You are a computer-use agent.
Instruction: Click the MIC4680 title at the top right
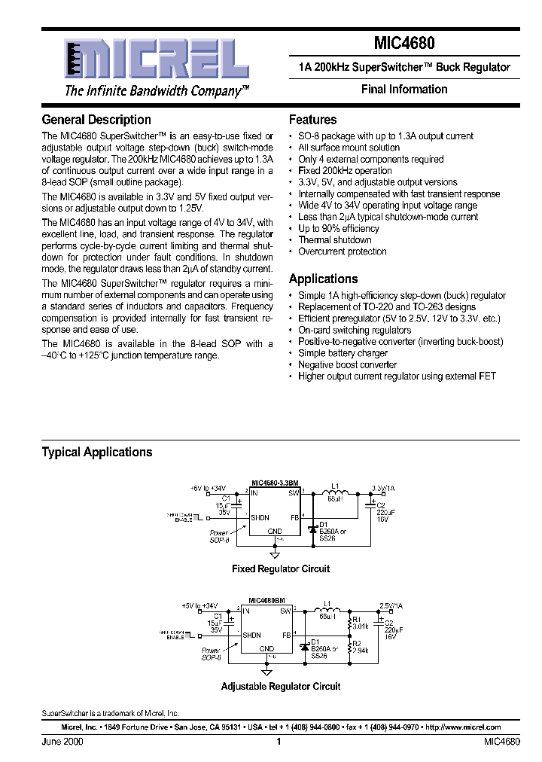click(404, 44)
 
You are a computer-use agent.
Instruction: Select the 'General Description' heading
click(96, 120)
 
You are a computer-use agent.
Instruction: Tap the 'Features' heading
click(313, 120)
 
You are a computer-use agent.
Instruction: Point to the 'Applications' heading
click(324, 279)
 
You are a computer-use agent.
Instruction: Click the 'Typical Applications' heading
click(97, 452)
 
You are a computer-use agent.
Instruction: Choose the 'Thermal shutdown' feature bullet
click(335, 240)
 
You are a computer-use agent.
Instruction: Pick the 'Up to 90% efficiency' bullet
click(339, 229)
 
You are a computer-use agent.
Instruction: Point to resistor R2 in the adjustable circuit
click(351, 646)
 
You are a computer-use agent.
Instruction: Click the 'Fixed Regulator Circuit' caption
click(281, 568)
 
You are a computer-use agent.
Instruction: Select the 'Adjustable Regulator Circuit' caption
click(281, 686)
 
